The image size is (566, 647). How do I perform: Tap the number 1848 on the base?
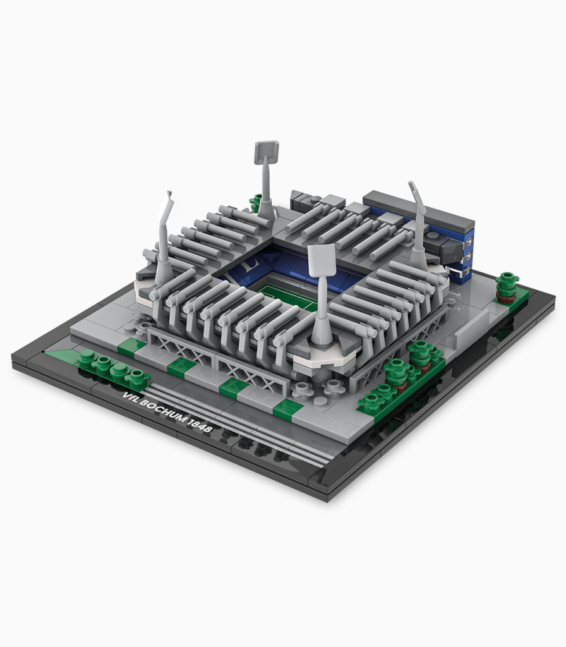200,426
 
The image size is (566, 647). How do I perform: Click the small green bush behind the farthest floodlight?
257,203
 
